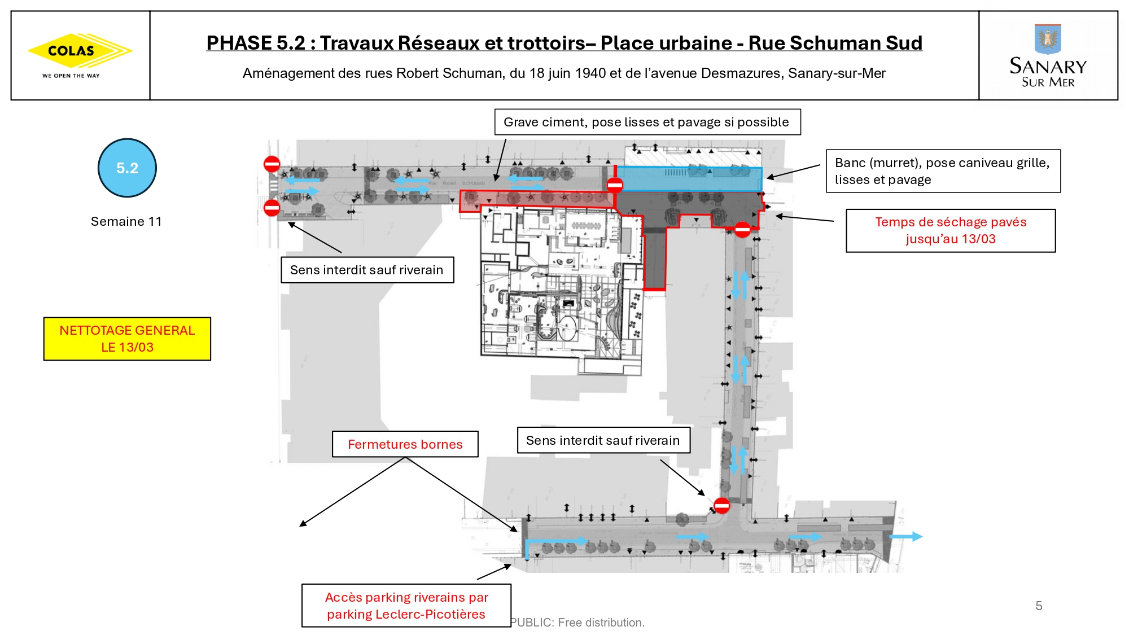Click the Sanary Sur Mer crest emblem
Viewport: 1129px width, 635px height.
pos(1048,38)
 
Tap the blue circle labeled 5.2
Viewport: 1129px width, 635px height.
pos(127,168)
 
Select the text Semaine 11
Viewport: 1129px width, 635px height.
pos(126,221)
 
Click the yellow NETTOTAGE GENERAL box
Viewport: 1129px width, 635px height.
pos(127,339)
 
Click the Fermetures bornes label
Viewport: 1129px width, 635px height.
pos(405,444)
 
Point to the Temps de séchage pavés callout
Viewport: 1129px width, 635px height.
pos(951,230)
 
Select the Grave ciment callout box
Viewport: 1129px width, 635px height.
pos(647,122)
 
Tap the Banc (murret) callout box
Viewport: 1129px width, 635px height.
pos(943,171)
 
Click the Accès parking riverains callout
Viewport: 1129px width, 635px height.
pos(406,606)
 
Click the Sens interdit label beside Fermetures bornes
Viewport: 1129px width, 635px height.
pos(603,440)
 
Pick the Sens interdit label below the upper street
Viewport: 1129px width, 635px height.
pos(367,270)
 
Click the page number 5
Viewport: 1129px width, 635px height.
pos(1039,606)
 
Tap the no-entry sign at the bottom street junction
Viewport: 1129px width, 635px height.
pos(721,505)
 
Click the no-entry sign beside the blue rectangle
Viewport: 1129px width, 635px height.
pos(615,185)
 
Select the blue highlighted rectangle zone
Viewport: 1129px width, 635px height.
pos(689,179)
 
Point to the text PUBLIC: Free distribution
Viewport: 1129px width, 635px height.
pos(577,623)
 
